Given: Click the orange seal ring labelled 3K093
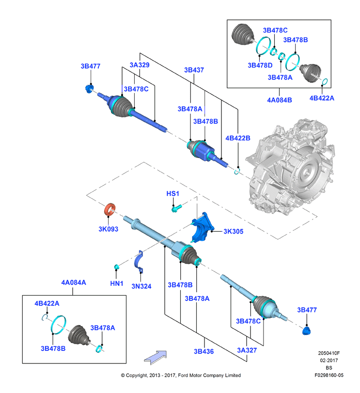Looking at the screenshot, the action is [x=110, y=209].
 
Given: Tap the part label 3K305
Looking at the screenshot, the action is [x=233, y=231].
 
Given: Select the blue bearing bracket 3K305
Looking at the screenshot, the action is [x=203, y=227].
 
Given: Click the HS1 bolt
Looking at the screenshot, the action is [x=176, y=208].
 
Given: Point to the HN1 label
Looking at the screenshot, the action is [x=117, y=283].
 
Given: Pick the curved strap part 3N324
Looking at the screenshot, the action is [x=139, y=262].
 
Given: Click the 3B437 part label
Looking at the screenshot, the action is [x=194, y=70].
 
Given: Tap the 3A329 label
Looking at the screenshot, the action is [x=140, y=65].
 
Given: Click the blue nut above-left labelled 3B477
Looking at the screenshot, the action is [x=89, y=89].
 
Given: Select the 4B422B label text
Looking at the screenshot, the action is [x=238, y=138].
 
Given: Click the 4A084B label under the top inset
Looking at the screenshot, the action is [x=280, y=100].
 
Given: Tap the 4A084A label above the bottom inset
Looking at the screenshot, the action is [x=74, y=283].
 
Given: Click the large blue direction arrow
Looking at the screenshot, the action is [x=156, y=357].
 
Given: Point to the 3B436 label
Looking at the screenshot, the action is [x=203, y=351].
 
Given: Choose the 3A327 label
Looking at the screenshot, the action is [x=247, y=350].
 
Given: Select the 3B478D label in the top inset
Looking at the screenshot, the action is [x=260, y=65].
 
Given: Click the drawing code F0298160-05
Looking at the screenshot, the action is [x=329, y=375].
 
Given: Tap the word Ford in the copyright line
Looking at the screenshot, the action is [x=183, y=375].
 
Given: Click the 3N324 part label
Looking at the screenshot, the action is [x=141, y=286].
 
